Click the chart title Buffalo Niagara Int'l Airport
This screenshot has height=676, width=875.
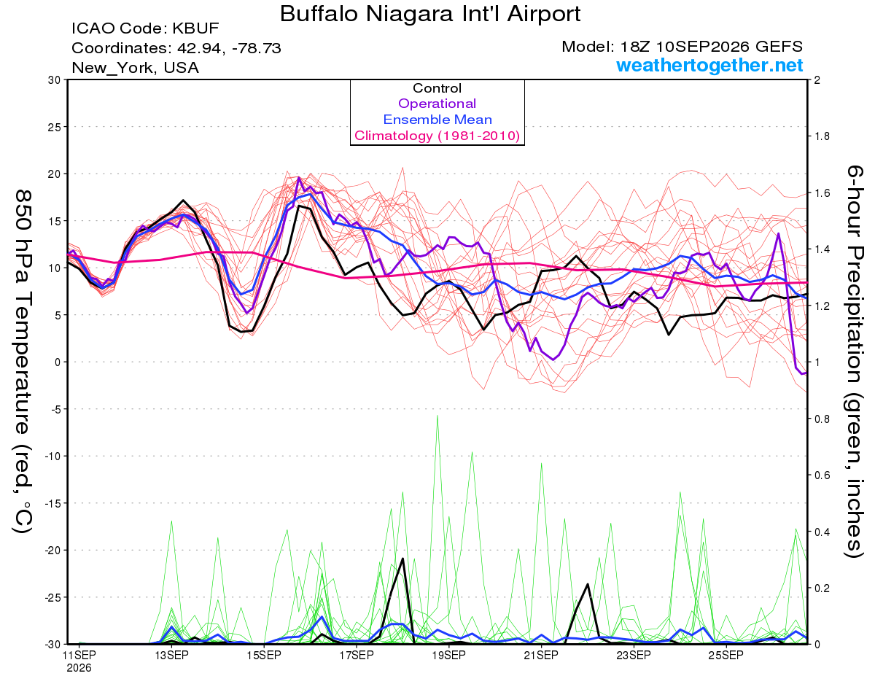click(x=430, y=14)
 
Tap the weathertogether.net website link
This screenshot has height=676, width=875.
click(x=709, y=65)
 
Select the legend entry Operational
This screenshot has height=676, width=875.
click(x=437, y=104)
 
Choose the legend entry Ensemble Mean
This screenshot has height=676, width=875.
click(x=437, y=120)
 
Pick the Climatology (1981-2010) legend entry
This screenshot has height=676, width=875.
click(x=437, y=136)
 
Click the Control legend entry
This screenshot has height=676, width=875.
click(x=437, y=88)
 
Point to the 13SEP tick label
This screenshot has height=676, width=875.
click(x=171, y=655)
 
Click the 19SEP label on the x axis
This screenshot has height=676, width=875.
click(x=448, y=655)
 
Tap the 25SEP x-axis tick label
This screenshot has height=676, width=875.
click(x=726, y=655)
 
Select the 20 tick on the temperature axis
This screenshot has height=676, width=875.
click(x=55, y=174)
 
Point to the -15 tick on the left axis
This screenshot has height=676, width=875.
click(x=52, y=503)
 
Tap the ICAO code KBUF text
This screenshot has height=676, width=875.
click(x=145, y=28)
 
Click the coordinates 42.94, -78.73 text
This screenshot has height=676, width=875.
click(x=176, y=48)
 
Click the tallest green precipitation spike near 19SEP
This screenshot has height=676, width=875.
click(x=437, y=416)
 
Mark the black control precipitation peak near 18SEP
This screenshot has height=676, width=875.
click(x=402, y=559)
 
